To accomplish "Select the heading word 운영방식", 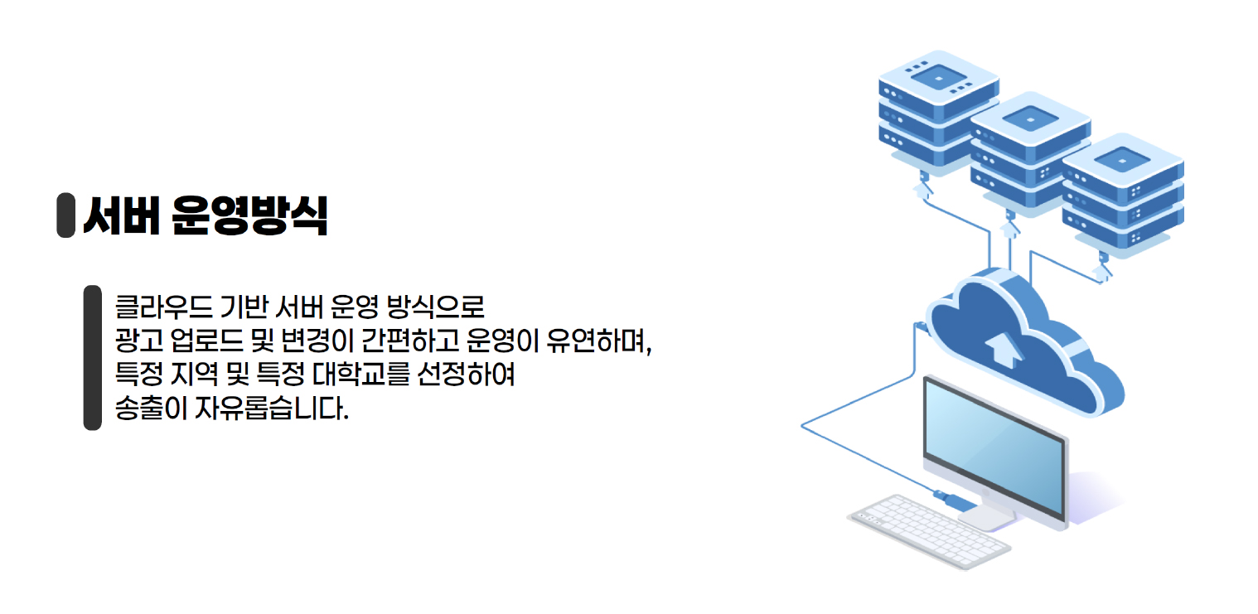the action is point(249,216).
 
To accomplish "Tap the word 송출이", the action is point(150,409).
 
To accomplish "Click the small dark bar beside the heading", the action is point(65,215).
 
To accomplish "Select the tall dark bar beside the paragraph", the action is point(92,358).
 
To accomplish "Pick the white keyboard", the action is point(928,531).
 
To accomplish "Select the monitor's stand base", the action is point(987,517).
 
